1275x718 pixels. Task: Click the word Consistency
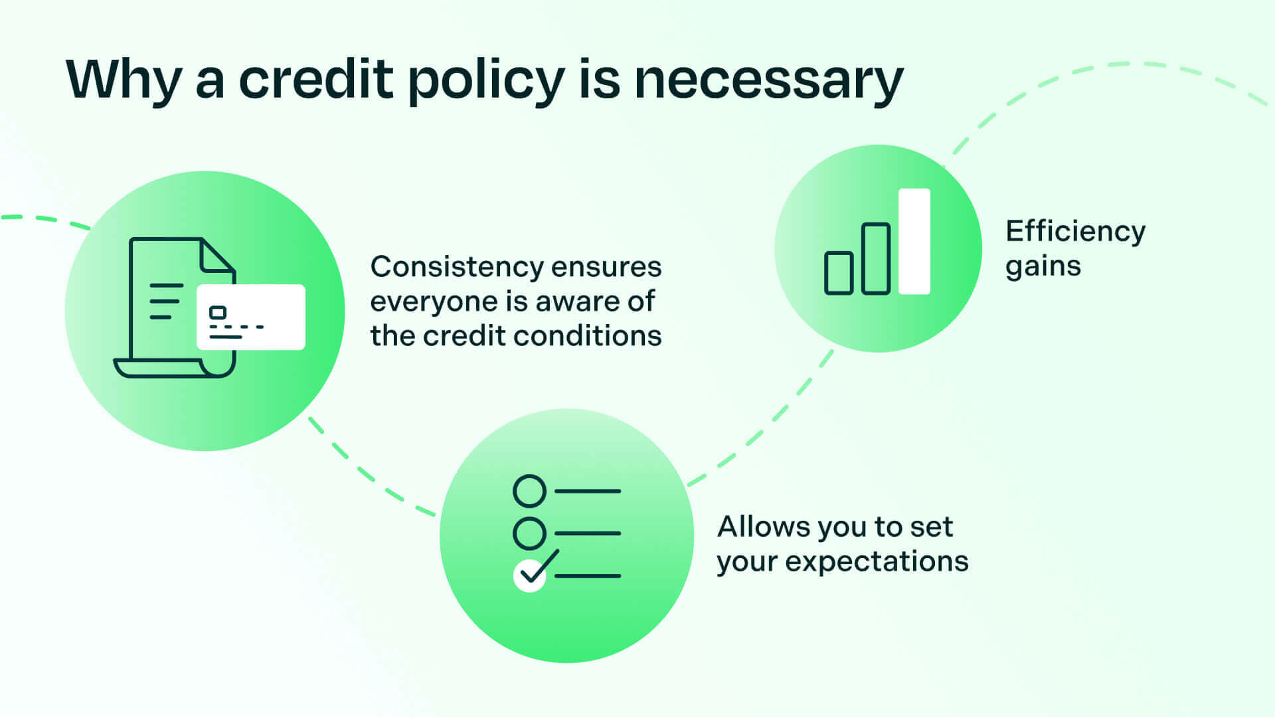tap(459, 268)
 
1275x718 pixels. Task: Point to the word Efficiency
tap(1075, 232)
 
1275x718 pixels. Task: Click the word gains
tap(1043, 267)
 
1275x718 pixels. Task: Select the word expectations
tap(877, 562)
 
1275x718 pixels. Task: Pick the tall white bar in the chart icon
tap(914, 241)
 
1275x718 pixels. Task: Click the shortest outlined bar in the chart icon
tap(838, 273)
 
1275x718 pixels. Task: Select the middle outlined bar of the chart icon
tap(875, 259)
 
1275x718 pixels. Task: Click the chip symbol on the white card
tap(218, 312)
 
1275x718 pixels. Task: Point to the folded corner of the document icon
tap(216, 256)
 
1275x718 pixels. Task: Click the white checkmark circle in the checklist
tap(529, 576)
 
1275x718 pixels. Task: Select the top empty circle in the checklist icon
tap(529, 491)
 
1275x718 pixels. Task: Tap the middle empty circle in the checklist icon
tap(529, 533)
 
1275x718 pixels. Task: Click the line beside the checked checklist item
tap(588, 576)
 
